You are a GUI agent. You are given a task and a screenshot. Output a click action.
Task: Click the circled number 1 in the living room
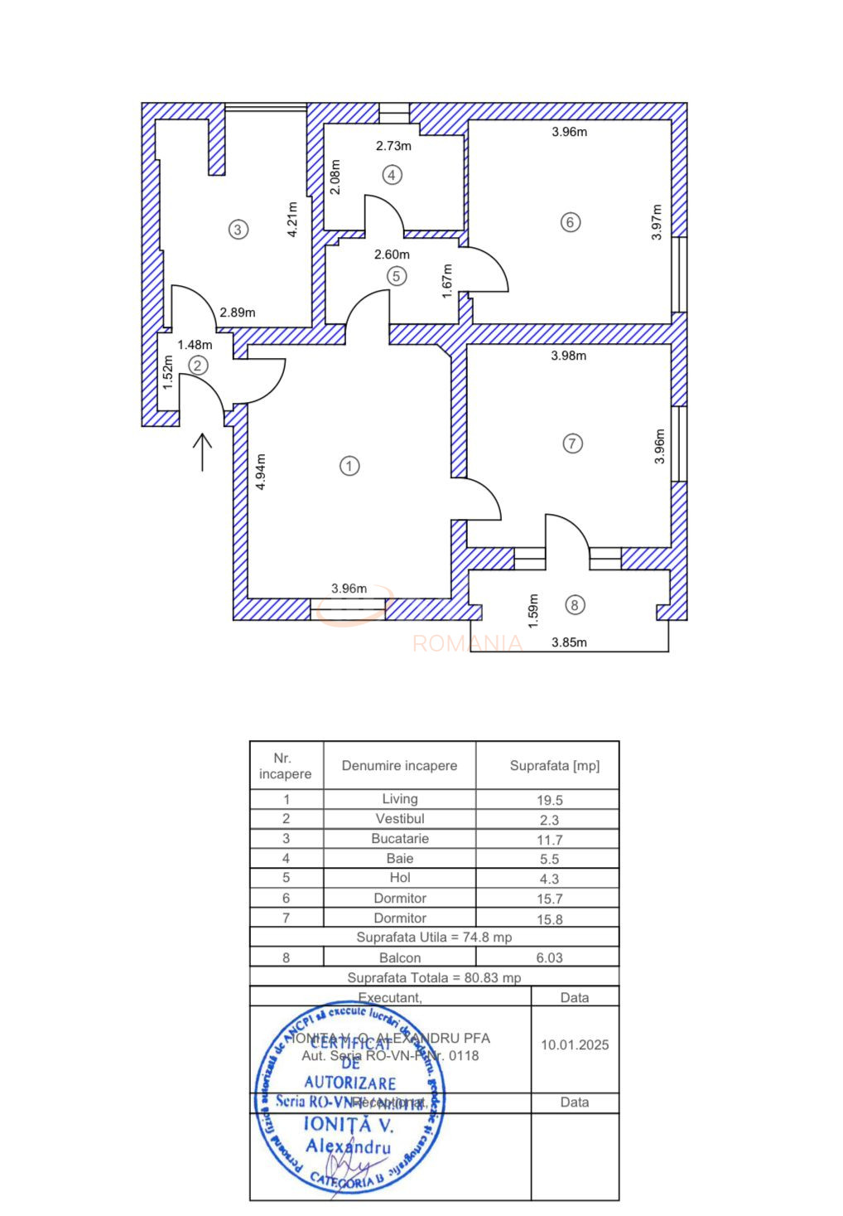coord(349,466)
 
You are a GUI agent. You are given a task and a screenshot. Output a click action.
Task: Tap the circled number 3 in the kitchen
coord(238,230)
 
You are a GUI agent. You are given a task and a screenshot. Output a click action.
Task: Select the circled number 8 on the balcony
coord(575,605)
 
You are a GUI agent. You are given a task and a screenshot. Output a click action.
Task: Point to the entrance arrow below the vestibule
coord(202,452)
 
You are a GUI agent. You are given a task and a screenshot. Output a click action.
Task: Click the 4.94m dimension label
coord(260,472)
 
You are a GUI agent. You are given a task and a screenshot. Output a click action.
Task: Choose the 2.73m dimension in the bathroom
coord(393,146)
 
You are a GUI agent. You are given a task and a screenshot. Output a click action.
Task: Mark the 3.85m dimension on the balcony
coord(569,642)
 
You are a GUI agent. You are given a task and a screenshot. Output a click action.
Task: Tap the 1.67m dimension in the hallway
coord(447,281)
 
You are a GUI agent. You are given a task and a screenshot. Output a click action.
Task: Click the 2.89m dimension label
coord(238,312)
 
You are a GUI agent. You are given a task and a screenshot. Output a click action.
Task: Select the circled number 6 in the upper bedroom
coord(570,222)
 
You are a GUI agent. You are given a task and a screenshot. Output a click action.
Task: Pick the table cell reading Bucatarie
coord(399,839)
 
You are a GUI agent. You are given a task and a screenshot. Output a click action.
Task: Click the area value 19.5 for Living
coord(549,800)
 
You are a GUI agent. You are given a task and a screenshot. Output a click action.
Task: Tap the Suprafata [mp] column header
coord(554,766)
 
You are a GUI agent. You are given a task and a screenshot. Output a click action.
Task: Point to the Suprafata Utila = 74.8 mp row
coord(434,937)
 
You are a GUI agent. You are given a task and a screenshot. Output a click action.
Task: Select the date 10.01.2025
coord(575,1045)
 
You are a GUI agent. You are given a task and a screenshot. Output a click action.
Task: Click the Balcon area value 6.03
coord(549,958)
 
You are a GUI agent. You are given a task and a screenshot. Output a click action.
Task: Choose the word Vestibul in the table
coord(399,819)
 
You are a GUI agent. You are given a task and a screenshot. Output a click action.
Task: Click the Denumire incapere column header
coord(399,766)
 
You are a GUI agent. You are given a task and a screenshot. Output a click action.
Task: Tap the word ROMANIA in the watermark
coord(467,643)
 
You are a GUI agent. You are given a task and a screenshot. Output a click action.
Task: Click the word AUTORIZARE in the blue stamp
coord(349,1083)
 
